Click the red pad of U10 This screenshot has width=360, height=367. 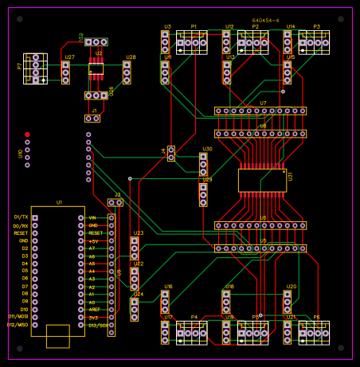tap(27, 135)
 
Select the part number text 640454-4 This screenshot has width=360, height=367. tap(265, 20)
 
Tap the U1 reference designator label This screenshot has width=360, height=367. tap(59, 203)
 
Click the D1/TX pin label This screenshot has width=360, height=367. tap(21, 217)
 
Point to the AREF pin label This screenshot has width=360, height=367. tap(94, 310)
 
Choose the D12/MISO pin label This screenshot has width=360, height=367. tap(18, 325)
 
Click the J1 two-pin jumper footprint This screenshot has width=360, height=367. tap(93, 119)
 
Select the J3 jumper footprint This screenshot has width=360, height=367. tap(115, 203)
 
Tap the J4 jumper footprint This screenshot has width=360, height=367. tap(171, 153)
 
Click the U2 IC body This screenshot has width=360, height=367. tap(96, 68)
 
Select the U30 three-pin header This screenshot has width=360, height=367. tap(203, 164)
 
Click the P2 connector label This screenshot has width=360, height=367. tap(255, 26)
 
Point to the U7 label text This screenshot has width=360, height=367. tap(263, 103)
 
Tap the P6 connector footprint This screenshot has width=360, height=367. tap(314, 333)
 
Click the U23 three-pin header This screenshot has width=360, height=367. tap(135, 248)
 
